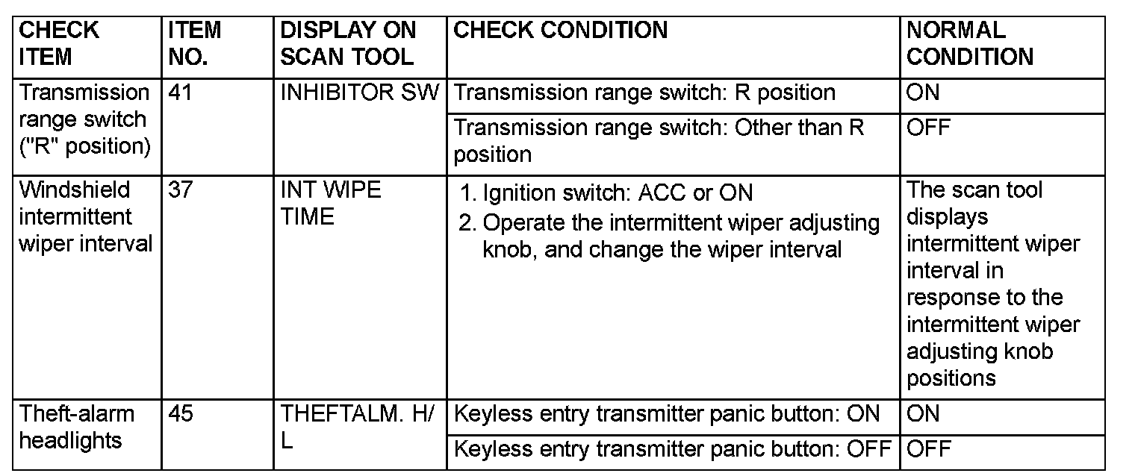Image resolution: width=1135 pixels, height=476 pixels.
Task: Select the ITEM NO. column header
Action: click(x=194, y=43)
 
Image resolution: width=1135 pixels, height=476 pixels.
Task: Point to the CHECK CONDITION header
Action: click(x=560, y=31)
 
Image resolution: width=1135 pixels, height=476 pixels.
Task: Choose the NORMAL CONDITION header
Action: click(x=969, y=43)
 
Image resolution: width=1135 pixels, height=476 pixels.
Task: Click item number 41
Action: click(x=180, y=93)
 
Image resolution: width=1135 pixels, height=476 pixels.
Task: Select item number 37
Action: click(x=180, y=190)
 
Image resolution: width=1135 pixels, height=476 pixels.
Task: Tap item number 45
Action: click(x=180, y=414)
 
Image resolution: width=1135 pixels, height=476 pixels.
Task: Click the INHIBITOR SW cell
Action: click(x=360, y=93)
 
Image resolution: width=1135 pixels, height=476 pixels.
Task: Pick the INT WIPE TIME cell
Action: click(x=330, y=203)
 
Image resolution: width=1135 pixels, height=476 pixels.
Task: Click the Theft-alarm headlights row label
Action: click(x=76, y=427)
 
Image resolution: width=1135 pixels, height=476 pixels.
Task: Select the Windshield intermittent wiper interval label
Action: click(x=85, y=216)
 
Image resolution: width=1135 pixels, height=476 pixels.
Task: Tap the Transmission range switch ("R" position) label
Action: click(x=84, y=119)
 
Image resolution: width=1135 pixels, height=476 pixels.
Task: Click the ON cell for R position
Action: click(x=923, y=93)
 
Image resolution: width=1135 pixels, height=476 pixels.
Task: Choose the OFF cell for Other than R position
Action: click(x=928, y=128)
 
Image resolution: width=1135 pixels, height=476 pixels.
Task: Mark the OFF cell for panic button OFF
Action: click(x=928, y=449)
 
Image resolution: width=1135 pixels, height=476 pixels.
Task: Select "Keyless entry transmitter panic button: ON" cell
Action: click(x=667, y=414)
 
